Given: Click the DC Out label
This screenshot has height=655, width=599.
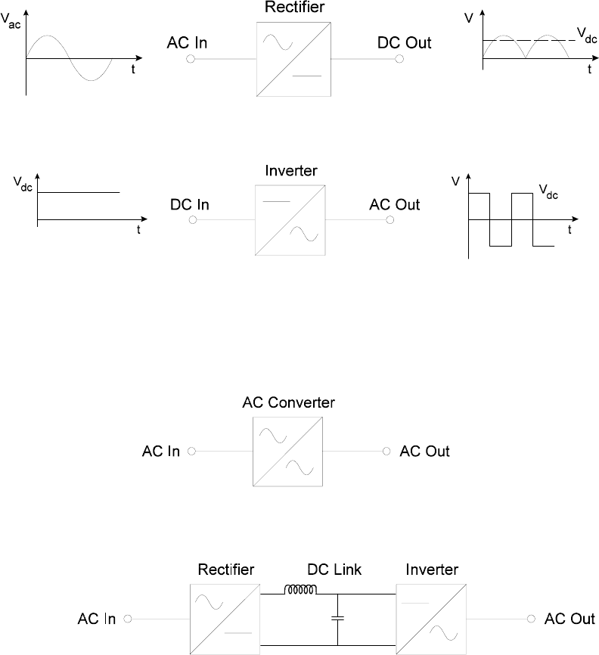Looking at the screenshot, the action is pyautogui.click(x=404, y=42).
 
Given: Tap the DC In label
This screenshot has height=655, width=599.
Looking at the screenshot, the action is pyautogui.click(x=190, y=205).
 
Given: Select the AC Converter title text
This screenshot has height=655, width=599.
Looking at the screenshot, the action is pyautogui.click(x=289, y=402).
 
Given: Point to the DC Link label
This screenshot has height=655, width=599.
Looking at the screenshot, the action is pyautogui.click(x=334, y=570).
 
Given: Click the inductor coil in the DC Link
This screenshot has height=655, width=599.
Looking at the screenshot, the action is pyautogui.click(x=300, y=589).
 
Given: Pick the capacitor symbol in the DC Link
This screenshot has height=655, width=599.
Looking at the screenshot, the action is pyautogui.click(x=337, y=618).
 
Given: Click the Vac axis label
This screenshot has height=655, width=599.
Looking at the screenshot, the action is pyautogui.click(x=11, y=21).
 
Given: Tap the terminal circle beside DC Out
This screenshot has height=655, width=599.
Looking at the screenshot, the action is pyautogui.click(x=399, y=59).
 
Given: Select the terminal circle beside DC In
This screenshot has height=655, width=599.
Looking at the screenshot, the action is pyautogui.click(x=193, y=220).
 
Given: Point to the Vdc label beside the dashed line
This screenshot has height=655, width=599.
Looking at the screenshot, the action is pyautogui.click(x=587, y=36).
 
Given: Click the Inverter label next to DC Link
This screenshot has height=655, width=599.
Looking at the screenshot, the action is pyautogui.click(x=432, y=570).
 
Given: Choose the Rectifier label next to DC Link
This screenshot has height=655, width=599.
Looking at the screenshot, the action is pyautogui.click(x=225, y=570).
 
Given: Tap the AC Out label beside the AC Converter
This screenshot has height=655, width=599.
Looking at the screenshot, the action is pyautogui.click(x=424, y=451).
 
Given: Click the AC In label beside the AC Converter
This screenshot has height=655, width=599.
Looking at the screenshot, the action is pyautogui.click(x=161, y=451).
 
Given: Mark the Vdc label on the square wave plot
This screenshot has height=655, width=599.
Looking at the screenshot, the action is pyautogui.click(x=548, y=192).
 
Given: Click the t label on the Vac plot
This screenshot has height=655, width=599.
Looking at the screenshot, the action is pyautogui.click(x=133, y=70).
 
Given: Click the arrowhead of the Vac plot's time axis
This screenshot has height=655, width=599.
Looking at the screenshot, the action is pyautogui.click(x=139, y=58).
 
